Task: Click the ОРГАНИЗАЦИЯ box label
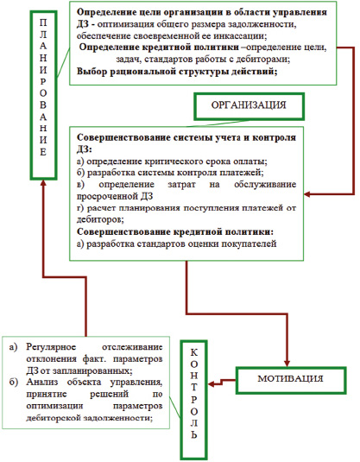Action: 249,105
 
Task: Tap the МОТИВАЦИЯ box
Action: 291,380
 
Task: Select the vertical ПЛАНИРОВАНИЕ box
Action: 43,95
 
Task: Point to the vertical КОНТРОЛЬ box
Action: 194,400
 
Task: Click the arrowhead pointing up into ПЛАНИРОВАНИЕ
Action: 43,183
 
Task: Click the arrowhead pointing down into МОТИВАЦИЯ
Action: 287,364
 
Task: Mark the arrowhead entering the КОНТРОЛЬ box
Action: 211,384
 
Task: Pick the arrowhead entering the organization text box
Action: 307,194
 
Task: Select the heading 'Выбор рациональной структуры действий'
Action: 177,72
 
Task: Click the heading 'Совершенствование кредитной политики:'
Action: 175,232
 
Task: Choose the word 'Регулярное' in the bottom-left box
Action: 51,347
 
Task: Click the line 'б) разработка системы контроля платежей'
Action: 170,173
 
